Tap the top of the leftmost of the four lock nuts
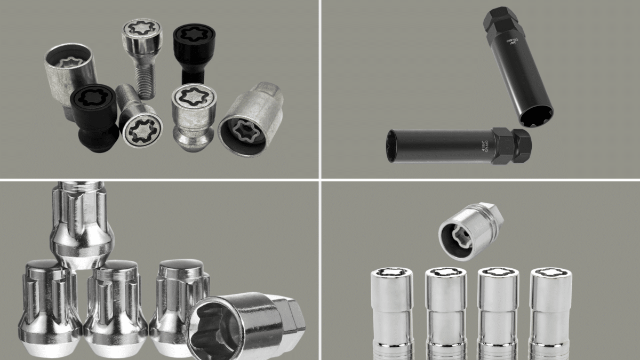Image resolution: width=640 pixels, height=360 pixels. (392, 274)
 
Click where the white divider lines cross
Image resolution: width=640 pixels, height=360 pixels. (320, 180)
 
